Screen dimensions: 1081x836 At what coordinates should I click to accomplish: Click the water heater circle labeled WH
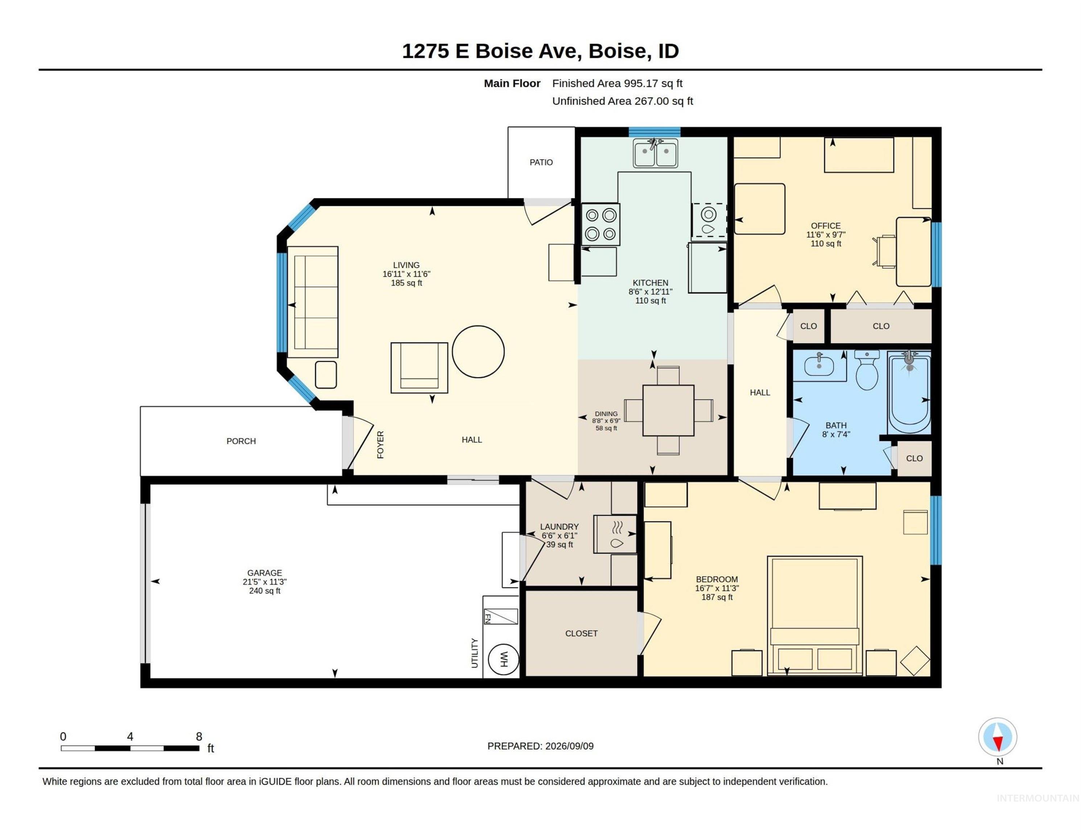tap(503, 659)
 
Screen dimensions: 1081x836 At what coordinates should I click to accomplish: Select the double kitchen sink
tap(655, 153)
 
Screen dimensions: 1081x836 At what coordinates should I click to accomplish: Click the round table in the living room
tap(478, 352)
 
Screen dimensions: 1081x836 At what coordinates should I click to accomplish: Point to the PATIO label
tap(541, 163)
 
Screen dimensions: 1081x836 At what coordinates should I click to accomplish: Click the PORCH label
tap(241, 441)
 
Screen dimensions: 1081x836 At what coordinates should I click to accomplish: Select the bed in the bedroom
tap(815, 616)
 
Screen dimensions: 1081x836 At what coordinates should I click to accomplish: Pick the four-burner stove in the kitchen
tap(601, 224)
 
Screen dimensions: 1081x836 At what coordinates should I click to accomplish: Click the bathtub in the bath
tap(909, 393)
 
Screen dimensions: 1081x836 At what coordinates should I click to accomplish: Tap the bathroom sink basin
tap(819, 366)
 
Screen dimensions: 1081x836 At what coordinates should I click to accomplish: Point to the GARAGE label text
tap(265, 573)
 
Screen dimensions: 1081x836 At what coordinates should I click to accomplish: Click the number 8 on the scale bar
tap(199, 737)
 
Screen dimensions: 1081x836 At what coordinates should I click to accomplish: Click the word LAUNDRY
tap(559, 527)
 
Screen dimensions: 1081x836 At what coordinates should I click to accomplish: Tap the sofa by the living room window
tap(313, 302)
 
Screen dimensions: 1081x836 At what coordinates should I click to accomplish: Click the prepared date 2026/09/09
tap(569, 746)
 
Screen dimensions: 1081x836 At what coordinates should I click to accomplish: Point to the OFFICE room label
tap(826, 226)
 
